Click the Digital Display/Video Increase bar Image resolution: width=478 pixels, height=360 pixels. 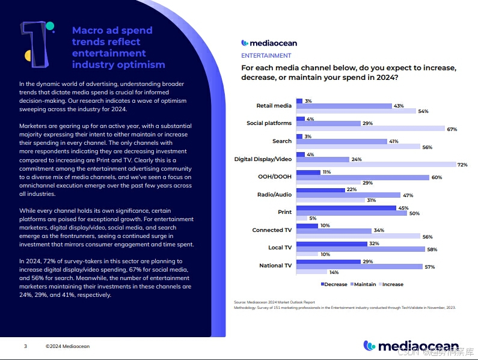(x=377, y=165)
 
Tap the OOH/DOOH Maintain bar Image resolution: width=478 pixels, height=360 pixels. (x=363, y=177)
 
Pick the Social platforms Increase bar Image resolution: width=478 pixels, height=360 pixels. (x=370, y=129)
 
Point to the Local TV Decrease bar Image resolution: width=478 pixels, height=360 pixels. (x=331, y=243)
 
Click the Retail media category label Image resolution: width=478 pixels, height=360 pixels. (x=274, y=106)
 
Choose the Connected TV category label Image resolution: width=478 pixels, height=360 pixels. (x=271, y=230)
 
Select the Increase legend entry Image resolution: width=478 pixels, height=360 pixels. (x=390, y=284)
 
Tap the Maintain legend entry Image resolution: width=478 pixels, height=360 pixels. (x=363, y=284)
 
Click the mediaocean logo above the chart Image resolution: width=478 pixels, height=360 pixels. (x=269, y=43)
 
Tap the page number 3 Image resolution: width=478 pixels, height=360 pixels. (x=25, y=346)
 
